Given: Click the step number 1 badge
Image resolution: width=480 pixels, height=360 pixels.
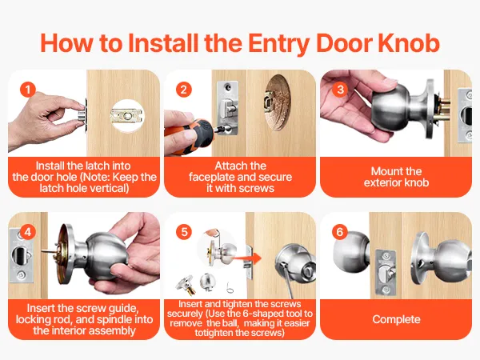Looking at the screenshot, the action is pos(28,90).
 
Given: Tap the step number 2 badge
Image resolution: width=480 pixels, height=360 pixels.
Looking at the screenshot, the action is pos(184,90).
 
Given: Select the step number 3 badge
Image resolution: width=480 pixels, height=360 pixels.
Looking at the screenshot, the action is pos(340,90).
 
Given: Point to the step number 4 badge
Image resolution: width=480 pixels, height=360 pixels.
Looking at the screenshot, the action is pos(28,232).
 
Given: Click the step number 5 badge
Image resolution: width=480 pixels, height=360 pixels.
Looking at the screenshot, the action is pos(184,232).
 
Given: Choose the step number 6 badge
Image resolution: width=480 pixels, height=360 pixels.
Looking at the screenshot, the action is pos(340,232).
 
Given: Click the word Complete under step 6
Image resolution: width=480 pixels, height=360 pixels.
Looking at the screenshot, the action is pos(396,319).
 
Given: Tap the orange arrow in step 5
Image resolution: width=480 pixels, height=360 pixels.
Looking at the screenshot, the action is pos(248,258).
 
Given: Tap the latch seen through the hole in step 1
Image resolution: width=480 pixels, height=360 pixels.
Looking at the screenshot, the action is pos(126,116).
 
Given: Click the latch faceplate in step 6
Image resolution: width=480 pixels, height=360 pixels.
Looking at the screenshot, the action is pos(386,272).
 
